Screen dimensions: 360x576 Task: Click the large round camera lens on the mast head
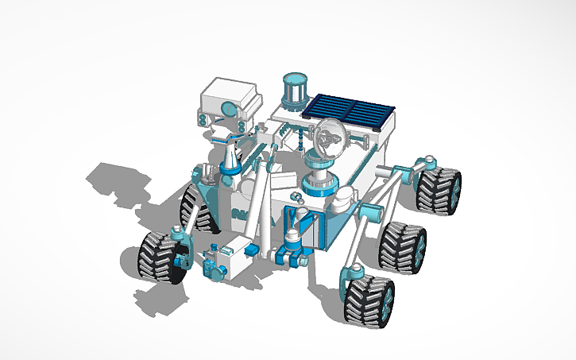pyautogui.click(x=228, y=108)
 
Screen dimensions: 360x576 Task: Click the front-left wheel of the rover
pyautogui.click(x=162, y=256)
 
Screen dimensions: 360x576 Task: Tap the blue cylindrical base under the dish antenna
pyautogui.click(x=320, y=184)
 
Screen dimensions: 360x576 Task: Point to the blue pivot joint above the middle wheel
pyautogui.click(x=370, y=213)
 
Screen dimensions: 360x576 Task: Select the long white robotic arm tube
pyautogui.click(x=255, y=202)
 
